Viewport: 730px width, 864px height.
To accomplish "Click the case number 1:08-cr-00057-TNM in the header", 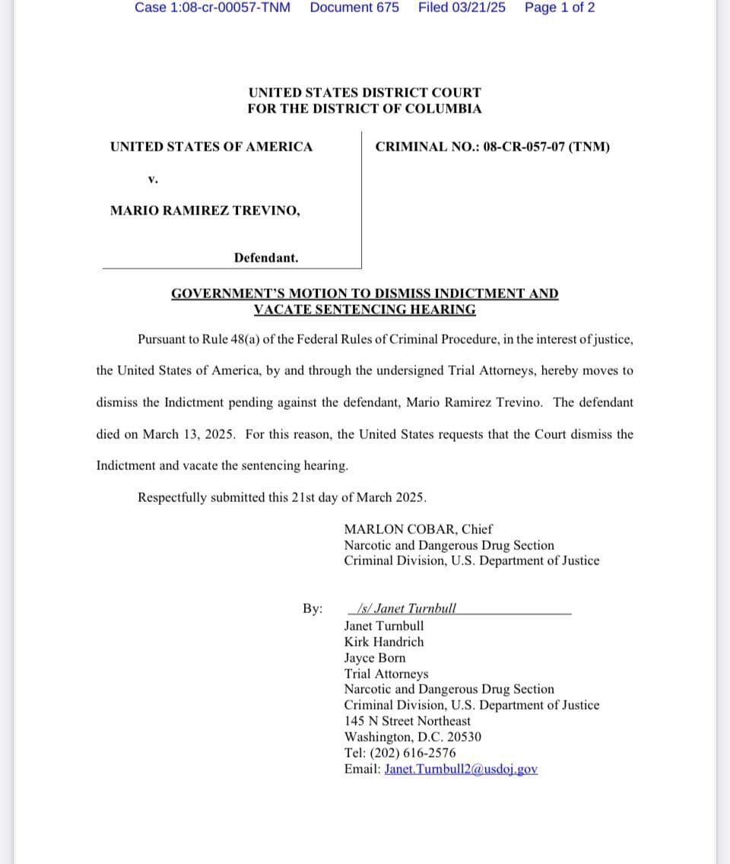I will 212,8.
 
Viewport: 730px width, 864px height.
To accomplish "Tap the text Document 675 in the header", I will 354,8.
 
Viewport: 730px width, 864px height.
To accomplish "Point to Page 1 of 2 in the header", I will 560,8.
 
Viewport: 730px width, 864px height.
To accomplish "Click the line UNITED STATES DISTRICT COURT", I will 364,93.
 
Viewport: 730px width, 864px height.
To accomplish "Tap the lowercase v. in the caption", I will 153,179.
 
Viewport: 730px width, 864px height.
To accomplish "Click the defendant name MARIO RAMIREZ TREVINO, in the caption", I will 205,211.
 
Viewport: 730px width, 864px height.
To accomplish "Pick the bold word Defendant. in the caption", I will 266,258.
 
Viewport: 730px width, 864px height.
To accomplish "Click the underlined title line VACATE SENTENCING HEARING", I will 364,310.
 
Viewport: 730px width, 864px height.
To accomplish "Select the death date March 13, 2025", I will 189,434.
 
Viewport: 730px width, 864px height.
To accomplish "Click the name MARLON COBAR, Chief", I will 418,529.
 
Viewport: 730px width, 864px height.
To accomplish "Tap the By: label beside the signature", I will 313,608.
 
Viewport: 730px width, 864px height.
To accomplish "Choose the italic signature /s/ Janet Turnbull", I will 406,608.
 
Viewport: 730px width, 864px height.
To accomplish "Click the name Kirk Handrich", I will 384,641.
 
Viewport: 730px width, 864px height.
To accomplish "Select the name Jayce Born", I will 375,658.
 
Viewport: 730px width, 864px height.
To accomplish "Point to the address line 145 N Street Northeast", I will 407,721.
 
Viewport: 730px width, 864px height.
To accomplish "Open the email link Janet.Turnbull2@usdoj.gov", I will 461,769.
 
